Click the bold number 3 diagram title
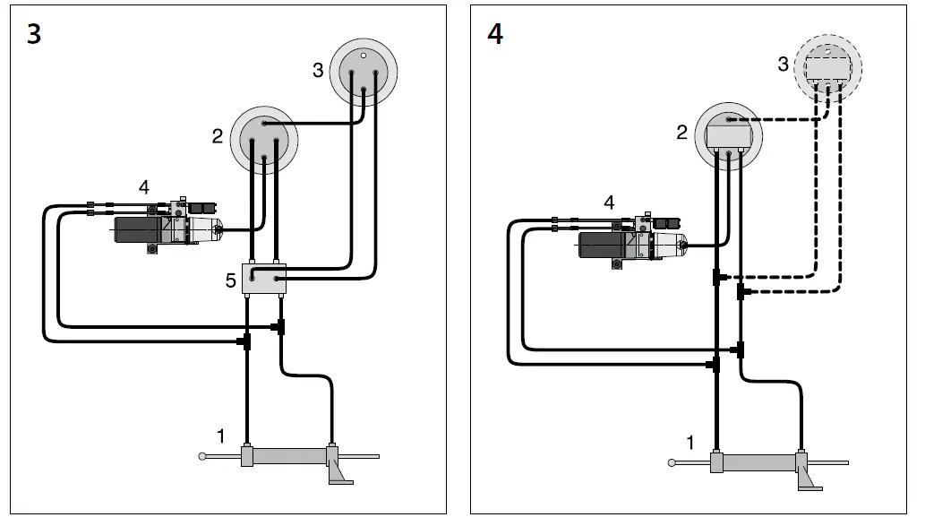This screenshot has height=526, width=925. click(x=33, y=35)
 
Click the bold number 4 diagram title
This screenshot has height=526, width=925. click(x=494, y=35)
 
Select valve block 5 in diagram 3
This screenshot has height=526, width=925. click(x=264, y=281)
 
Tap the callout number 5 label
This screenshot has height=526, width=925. click(x=230, y=281)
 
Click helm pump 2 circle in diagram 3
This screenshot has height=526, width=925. click(x=264, y=138)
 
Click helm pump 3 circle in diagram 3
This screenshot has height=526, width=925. click(x=363, y=72)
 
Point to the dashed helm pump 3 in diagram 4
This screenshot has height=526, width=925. click(x=828, y=67)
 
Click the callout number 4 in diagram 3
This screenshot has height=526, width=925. click(x=143, y=187)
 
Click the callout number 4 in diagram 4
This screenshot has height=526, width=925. click(x=609, y=203)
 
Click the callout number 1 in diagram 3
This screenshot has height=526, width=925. click(x=220, y=436)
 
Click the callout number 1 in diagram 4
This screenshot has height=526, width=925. click(x=689, y=442)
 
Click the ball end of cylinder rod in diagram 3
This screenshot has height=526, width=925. click(x=204, y=457)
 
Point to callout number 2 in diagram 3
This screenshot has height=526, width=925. click(x=218, y=136)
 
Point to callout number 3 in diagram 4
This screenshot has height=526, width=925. click(x=783, y=65)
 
